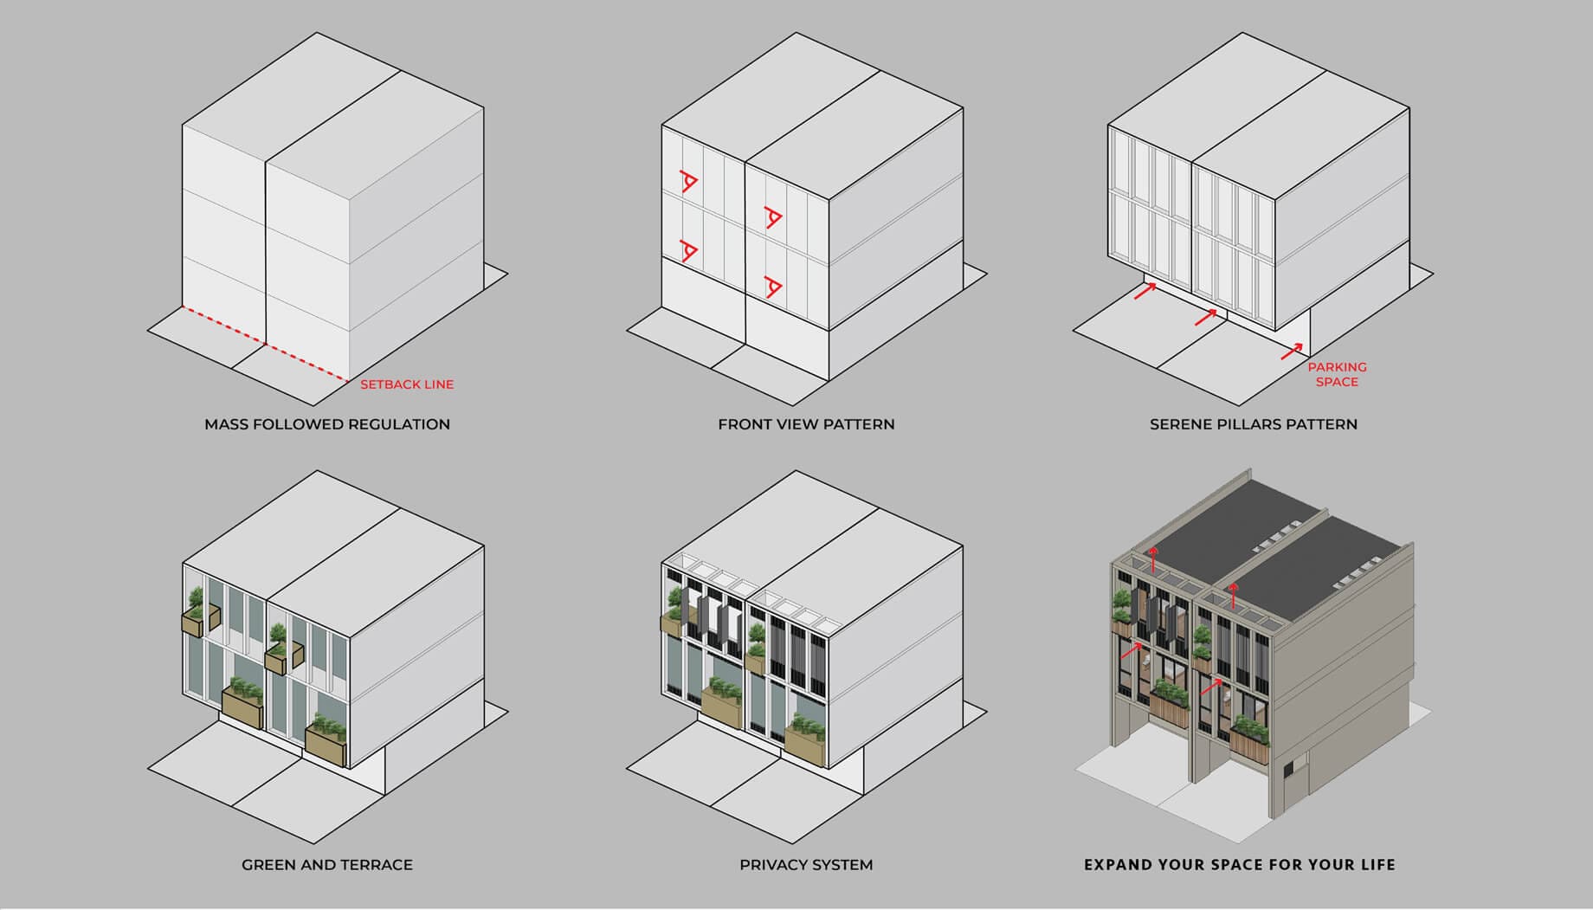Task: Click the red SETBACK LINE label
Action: coord(407,384)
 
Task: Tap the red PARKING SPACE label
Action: coord(1337,374)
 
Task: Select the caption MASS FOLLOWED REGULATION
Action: coord(327,424)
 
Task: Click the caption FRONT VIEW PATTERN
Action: coord(806,424)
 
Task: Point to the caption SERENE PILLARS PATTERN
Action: coord(1254,424)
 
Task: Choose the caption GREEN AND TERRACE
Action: coord(327,864)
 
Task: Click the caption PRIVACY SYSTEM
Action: coord(806,864)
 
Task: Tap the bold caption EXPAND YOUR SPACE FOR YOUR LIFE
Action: coord(1240,864)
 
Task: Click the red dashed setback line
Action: coord(265,344)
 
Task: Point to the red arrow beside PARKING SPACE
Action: coord(1292,352)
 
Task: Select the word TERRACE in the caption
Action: coord(376,864)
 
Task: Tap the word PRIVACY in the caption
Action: coord(771,864)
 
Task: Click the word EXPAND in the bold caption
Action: coord(1113,864)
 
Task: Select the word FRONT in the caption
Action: coord(744,424)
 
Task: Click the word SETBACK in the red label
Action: coord(386,384)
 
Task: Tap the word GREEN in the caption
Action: coord(268,864)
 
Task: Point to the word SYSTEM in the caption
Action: coord(841,864)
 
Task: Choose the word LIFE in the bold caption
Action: coord(1377,864)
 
